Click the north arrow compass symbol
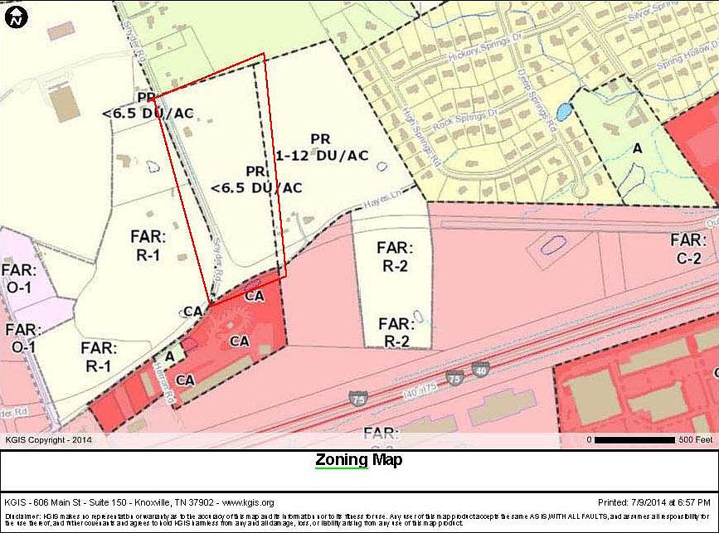[x=16, y=16]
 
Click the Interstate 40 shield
[x=480, y=368]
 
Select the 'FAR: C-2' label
[x=687, y=249]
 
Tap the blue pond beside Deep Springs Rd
[x=563, y=111]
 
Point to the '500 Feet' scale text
[x=696, y=439]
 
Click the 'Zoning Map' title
[x=358, y=460]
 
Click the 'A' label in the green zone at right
[x=637, y=148]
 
